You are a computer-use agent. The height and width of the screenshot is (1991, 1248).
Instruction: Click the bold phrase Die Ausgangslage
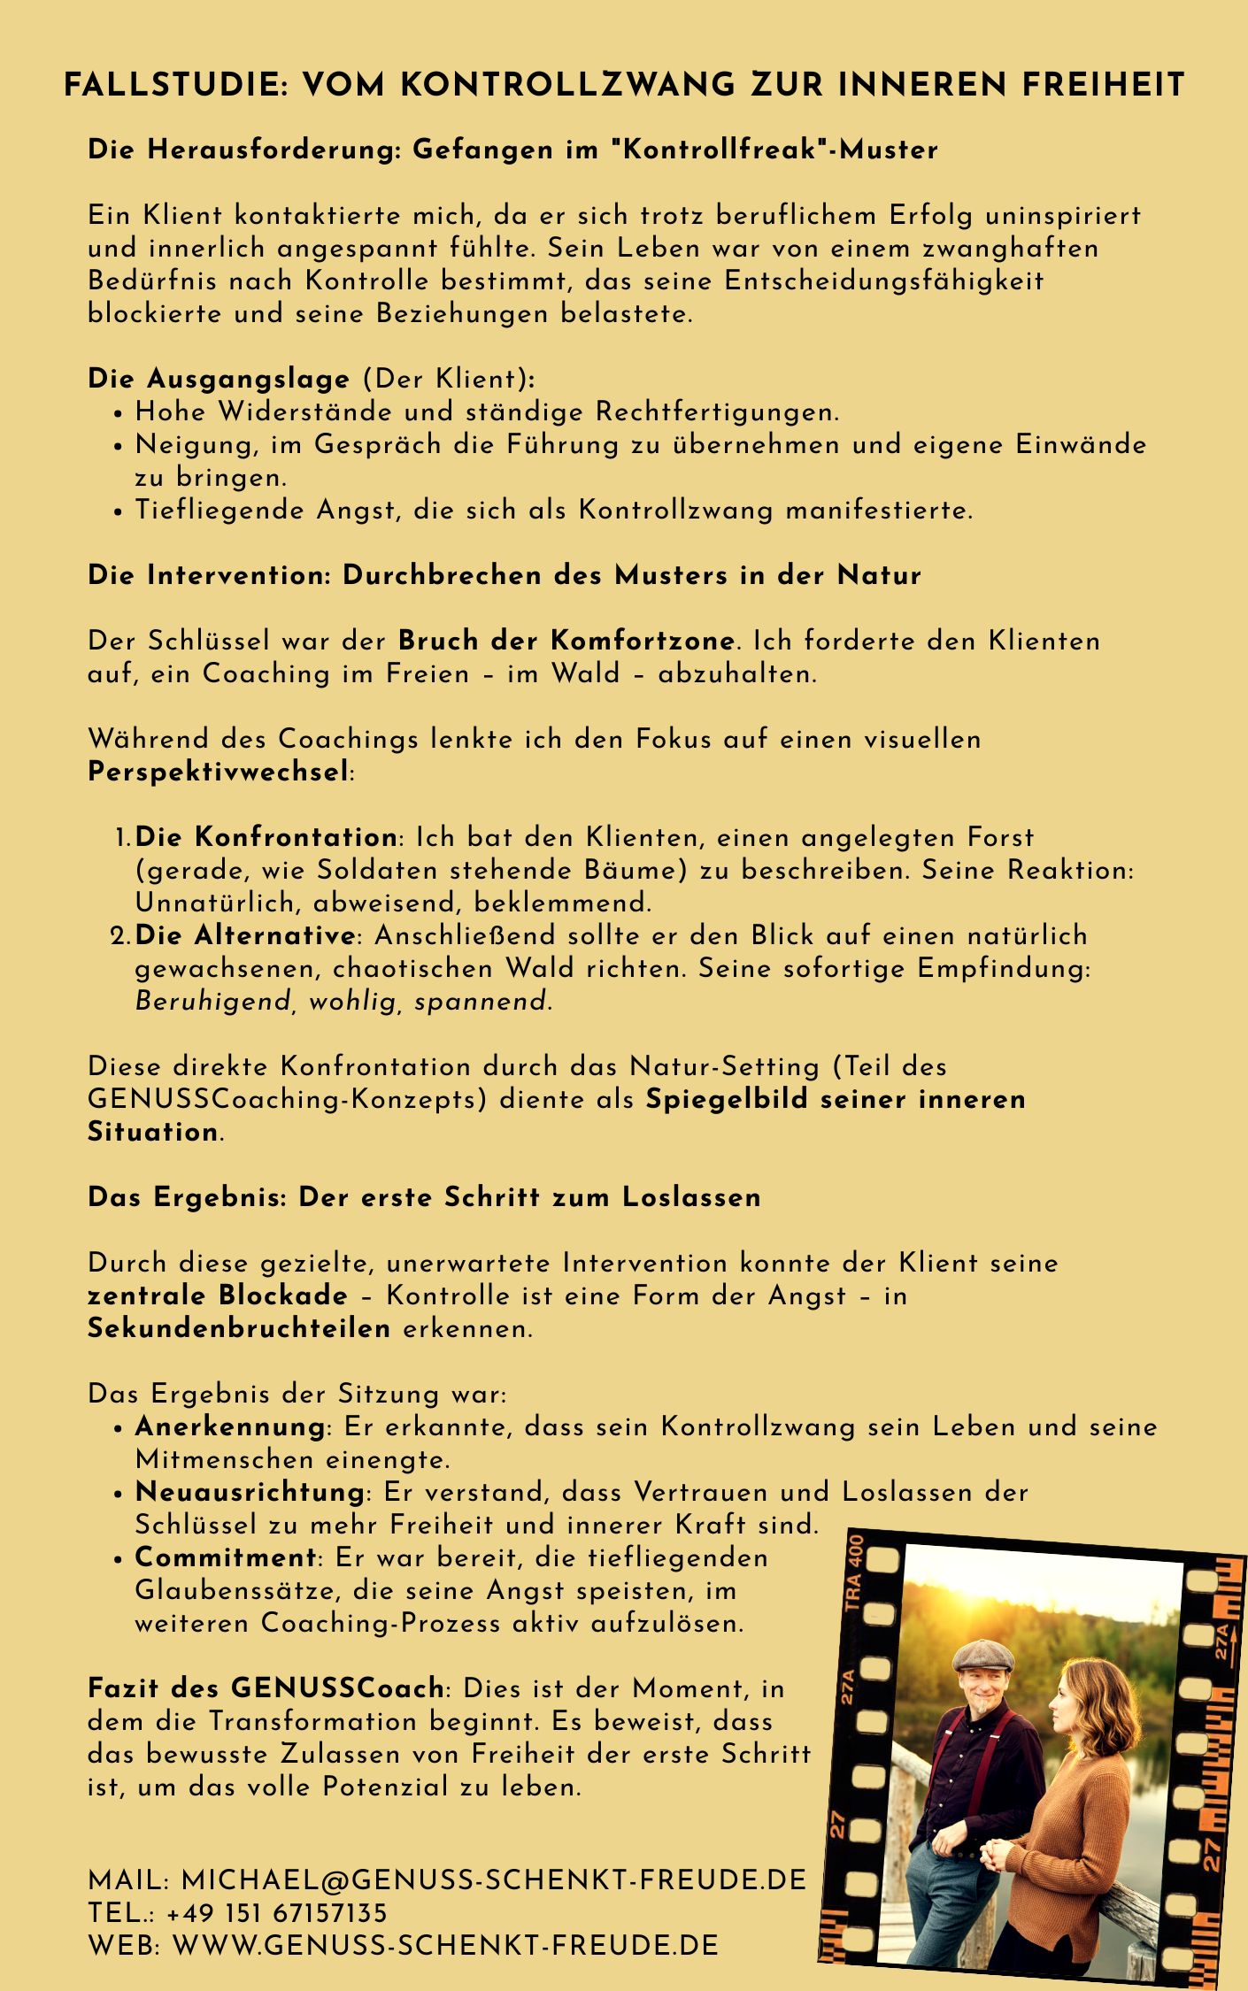219,380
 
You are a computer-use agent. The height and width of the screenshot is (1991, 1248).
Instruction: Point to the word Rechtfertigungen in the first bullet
716,412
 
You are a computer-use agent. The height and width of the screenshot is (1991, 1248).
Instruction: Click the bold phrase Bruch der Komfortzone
566,641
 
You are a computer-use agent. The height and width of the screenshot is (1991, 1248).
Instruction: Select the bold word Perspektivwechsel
219,772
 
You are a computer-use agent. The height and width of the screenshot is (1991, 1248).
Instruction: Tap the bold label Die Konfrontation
266,837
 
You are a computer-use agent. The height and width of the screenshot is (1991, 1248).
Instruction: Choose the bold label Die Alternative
245,935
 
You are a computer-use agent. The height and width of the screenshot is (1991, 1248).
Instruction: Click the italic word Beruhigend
212,1002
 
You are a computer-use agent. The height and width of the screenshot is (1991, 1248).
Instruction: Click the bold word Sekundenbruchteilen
239,1329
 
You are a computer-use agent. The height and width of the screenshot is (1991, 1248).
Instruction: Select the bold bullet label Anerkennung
230,1427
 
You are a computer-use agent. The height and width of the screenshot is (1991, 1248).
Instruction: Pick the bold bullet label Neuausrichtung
250,1493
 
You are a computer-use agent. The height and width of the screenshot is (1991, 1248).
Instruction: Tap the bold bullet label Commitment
226,1557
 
